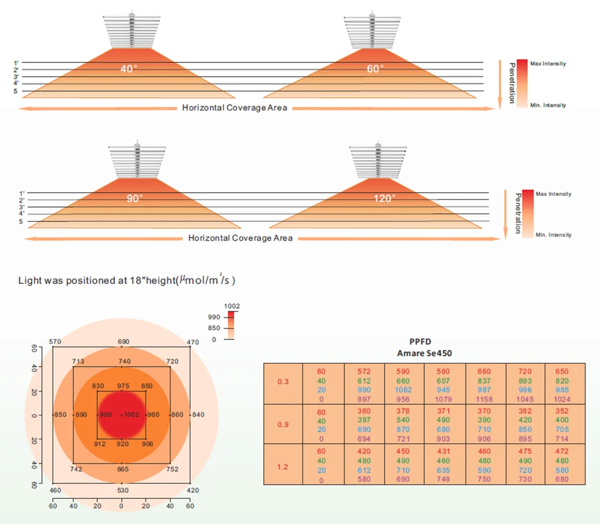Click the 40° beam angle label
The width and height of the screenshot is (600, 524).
click(x=128, y=68)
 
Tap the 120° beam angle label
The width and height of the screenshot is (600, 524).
click(x=385, y=199)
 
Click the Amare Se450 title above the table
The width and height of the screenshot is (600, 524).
click(x=424, y=353)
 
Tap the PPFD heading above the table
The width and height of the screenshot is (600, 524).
click(x=424, y=342)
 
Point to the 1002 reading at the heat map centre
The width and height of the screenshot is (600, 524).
click(x=131, y=415)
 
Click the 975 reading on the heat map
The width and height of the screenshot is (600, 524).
click(x=123, y=385)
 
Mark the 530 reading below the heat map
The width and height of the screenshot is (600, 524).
click(x=123, y=491)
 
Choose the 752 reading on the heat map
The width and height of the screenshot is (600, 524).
click(x=173, y=469)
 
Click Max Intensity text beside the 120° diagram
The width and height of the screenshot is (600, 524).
click(x=553, y=194)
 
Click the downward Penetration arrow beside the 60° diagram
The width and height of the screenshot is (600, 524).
click(x=499, y=84)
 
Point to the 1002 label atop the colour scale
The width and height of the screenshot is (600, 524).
click(x=232, y=306)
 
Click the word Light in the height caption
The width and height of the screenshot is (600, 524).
click(x=29, y=280)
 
